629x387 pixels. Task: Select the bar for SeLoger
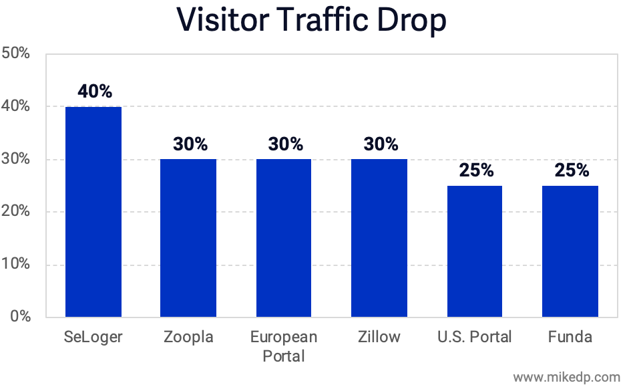click(x=93, y=211)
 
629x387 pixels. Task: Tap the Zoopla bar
click(x=189, y=237)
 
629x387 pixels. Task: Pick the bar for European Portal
click(x=284, y=237)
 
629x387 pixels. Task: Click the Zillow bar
click(x=380, y=237)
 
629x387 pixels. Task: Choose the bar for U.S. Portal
click(x=475, y=251)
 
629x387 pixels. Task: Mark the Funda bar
click(x=570, y=251)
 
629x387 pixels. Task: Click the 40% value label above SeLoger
click(x=94, y=92)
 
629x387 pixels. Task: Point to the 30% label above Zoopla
click(x=190, y=144)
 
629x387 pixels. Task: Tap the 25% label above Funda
click(x=571, y=170)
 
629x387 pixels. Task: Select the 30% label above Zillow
click(x=381, y=144)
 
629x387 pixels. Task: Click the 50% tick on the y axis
click(x=16, y=53)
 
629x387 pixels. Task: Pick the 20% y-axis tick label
click(x=16, y=212)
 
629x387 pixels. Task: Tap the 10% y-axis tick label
click(x=16, y=265)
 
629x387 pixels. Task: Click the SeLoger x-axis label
click(x=93, y=337)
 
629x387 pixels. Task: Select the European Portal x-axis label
click(x=284, y=346)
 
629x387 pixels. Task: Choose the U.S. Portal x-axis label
click(x=475, y=337)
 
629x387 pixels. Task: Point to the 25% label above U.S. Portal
click(x=475, y=170)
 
